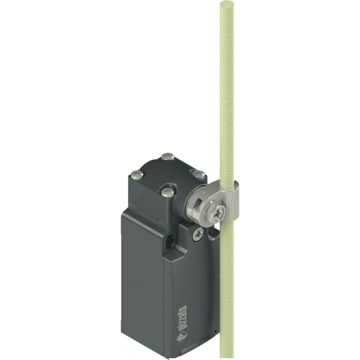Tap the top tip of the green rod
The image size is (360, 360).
tap(227, 4)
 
